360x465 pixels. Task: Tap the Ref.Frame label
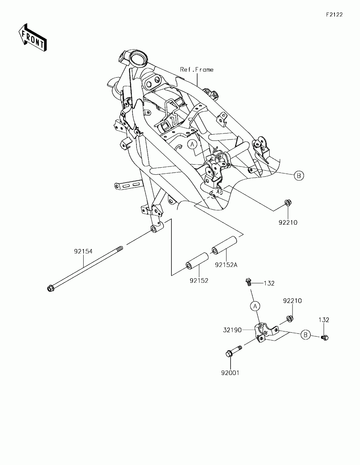pos(196,69)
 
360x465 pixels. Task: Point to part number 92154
pos(83,251)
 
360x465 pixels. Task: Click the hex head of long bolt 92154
pos(50,288)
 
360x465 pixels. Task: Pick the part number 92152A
pos(226,265)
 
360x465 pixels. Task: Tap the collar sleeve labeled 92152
pos(198,261)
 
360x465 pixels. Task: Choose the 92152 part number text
pos(199,280)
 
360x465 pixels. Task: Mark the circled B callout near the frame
pos(298,175)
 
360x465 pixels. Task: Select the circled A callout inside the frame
pos(192,144)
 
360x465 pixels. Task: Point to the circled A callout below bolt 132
pos(255,306)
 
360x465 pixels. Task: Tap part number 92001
pos(230,373)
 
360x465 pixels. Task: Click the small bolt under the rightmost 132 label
pos(324,337)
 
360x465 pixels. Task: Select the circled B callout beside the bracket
pos(306,334)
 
